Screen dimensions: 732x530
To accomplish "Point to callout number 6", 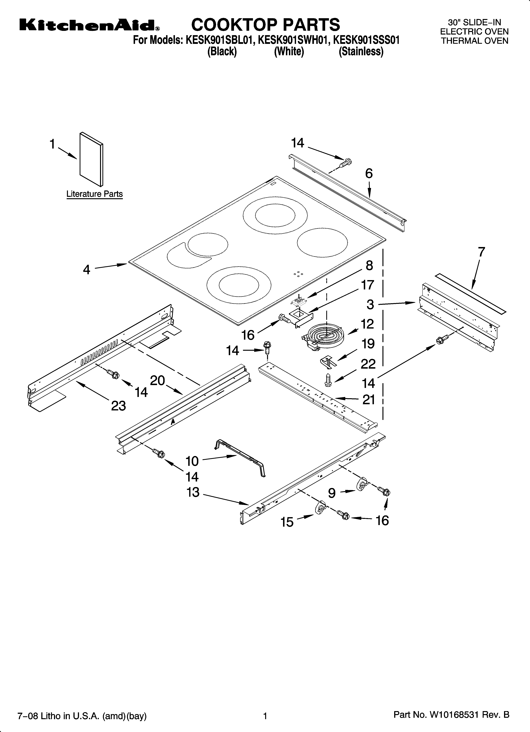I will [369, 174].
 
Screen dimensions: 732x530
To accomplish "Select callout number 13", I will [193, 493].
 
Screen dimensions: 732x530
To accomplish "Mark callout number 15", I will [287, 522].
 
